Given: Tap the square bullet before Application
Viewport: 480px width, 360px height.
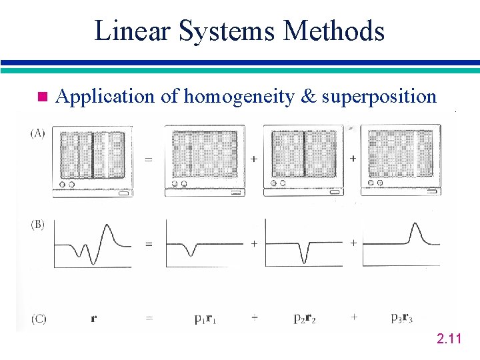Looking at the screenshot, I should (43, 97).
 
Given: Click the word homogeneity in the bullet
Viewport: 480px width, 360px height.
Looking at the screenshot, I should (240, 97).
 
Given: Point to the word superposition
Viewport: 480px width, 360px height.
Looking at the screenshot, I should (379, 97).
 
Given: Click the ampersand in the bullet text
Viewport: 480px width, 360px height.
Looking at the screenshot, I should (308, 97).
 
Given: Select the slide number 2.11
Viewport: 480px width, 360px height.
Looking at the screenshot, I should (449, 341).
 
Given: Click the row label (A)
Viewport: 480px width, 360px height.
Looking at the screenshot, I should (38, 133).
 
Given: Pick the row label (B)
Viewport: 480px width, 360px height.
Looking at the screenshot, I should (38, 225).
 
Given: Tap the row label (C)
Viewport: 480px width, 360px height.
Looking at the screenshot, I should (38, 319).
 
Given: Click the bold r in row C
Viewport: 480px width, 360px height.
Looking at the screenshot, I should (93, 319).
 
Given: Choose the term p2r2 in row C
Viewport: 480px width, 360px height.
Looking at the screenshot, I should (305, 319).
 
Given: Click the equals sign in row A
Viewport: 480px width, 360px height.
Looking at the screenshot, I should (149, 159).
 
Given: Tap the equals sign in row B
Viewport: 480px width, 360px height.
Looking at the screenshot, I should (149, 244).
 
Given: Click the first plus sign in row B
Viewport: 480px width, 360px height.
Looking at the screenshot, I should (254, 244).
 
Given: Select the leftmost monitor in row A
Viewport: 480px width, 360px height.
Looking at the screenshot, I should (93, 160).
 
